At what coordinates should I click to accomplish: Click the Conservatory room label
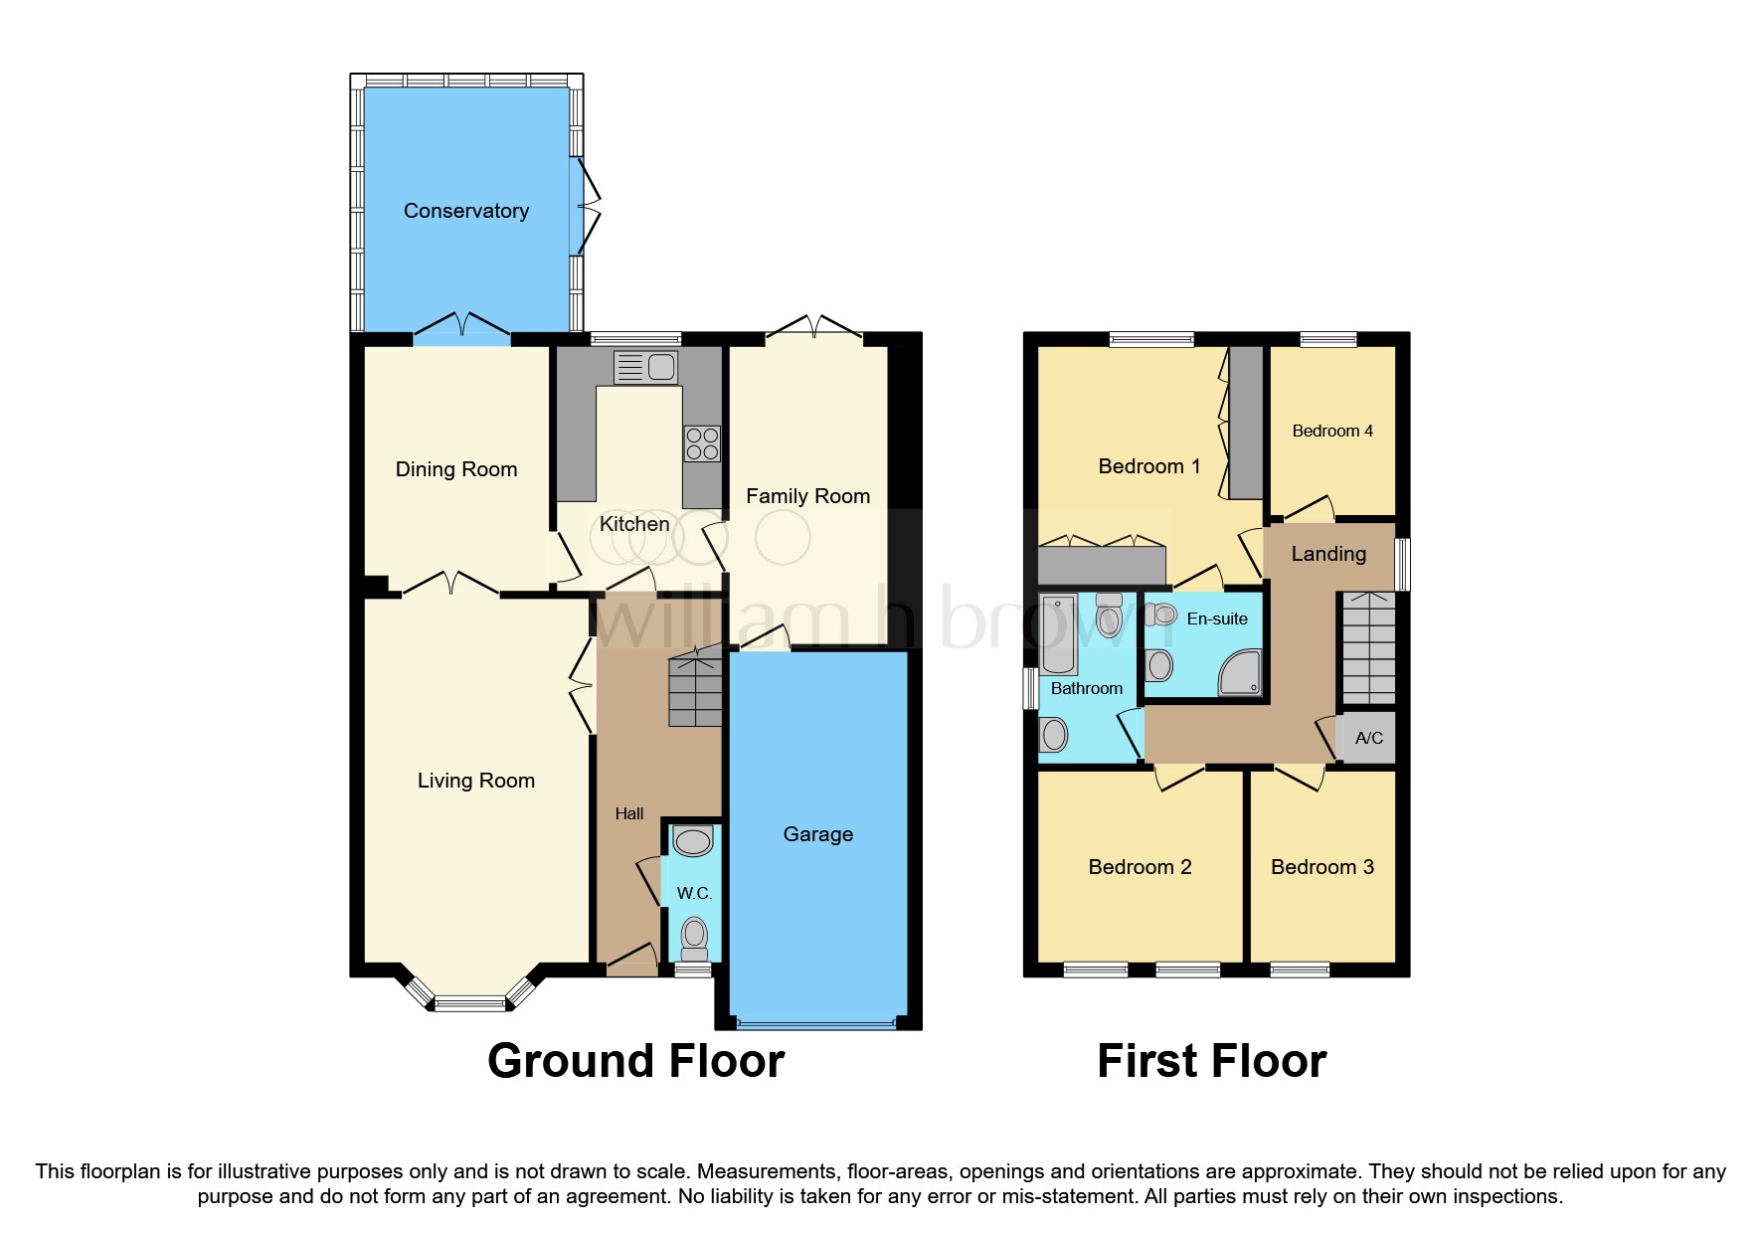pos(465,211)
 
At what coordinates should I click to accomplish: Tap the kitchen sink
pos(646,367)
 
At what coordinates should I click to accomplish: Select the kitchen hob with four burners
pos(702,443)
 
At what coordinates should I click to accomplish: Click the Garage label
pos(817,834)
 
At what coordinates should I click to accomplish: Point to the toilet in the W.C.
pos(694,937)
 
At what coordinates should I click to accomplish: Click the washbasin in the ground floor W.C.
pos(693,841)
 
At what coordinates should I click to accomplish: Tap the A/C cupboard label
pos(1368,738)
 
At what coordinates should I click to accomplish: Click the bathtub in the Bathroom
pos(1059,633)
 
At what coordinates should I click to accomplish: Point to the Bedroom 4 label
pos(1331,431)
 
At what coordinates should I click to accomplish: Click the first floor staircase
pos(1369,647)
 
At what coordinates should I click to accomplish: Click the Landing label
pos(1327,554)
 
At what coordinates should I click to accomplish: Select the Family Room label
pos(807,496)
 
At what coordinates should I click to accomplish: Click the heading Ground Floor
pos(635,1061)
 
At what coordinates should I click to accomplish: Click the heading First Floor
pos(1211,1061)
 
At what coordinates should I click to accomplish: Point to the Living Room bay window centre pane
pos(470,1004)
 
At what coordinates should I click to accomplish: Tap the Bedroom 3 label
pos(1321,867)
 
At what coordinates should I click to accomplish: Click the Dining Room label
pos(455,469)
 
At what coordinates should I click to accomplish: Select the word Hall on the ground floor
pos(628,813)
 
